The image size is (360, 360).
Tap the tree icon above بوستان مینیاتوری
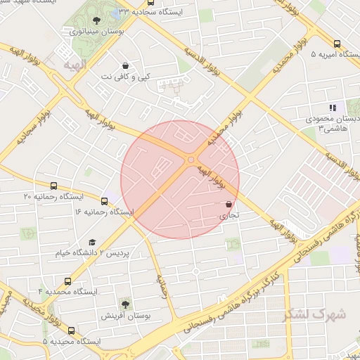(96, 20)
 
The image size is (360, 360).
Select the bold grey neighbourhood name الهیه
(73, 65)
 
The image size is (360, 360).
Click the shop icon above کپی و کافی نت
(126, 65)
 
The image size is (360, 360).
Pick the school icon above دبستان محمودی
(333, 108)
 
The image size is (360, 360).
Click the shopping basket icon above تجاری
(229, 205)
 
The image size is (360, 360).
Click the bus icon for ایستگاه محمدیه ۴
(67, 281)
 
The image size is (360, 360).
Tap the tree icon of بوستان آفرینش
(125, 304)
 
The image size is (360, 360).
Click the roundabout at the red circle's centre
(191, 160)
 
